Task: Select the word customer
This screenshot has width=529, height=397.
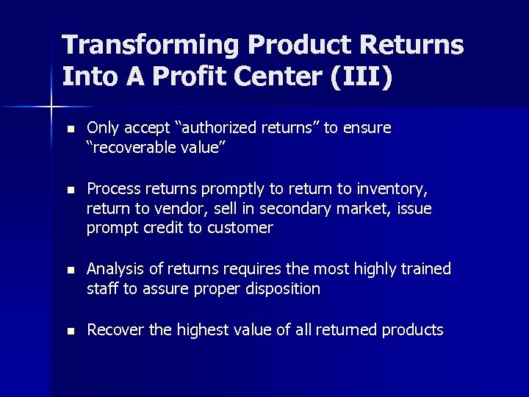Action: pos(240,228)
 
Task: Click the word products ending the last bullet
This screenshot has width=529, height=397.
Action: pos(412,330)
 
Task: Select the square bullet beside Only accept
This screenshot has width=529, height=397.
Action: pos(70,129)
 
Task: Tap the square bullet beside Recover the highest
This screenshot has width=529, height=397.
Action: pos(70,332)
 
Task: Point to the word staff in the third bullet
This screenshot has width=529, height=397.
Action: pos(103,289)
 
